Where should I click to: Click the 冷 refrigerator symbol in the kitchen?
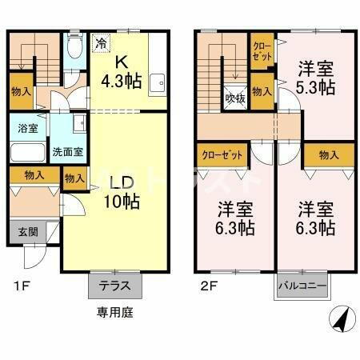[102, 44]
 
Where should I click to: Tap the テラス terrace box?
[114, 285]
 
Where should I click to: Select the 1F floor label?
[18, 285]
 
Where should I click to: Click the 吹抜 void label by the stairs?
[234, 98]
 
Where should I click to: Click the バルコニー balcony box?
[302, 285]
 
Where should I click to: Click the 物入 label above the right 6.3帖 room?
[328, 154]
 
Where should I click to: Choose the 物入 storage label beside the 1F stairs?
[22, 92]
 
